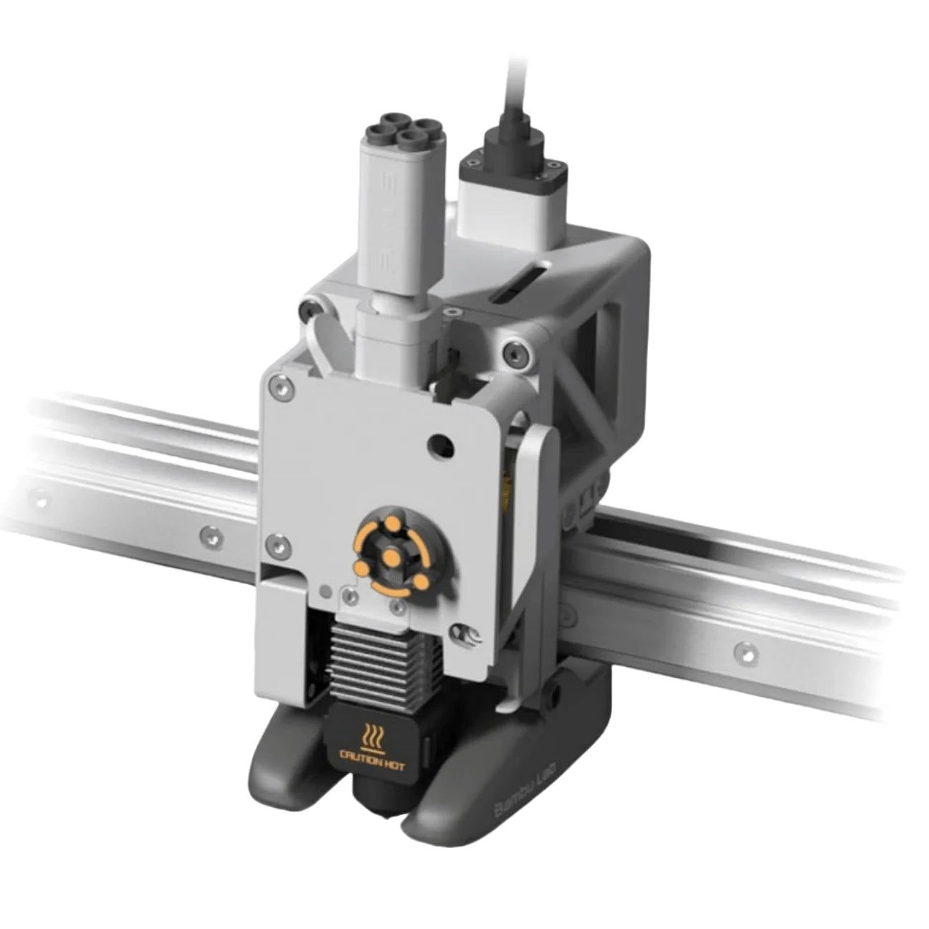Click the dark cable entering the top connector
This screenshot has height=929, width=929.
click(510, 65)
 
